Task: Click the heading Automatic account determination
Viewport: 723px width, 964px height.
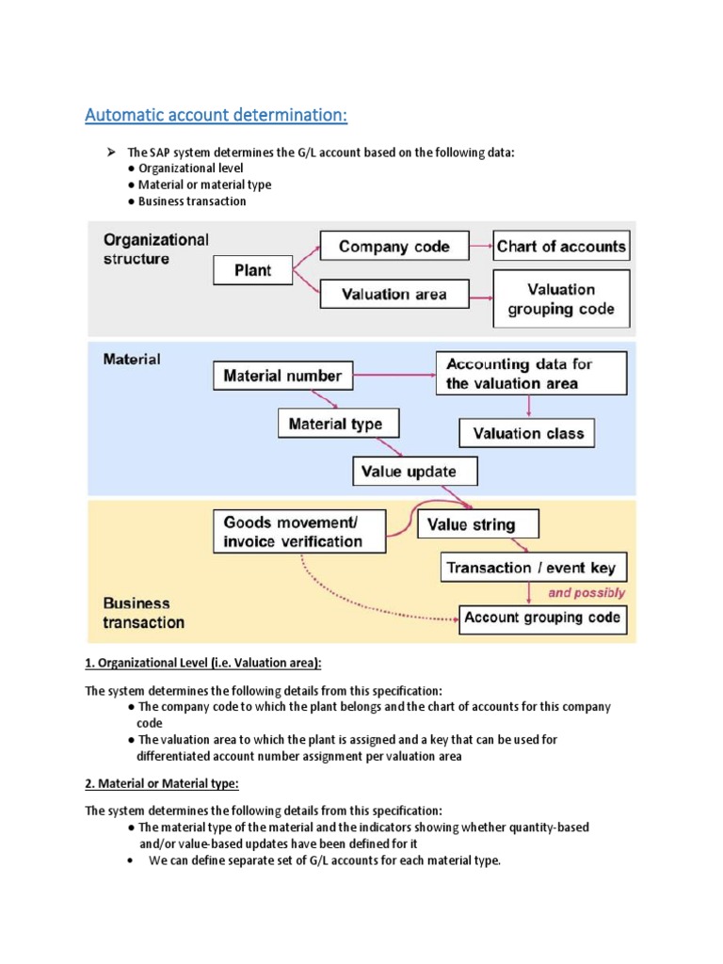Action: pos(216,115)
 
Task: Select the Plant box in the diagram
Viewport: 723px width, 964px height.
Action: pos(251,270)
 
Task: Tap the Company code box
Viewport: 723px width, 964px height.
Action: pos(394,247)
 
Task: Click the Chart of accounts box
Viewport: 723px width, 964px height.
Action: pos(561,247)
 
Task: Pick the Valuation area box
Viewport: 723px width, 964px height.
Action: pos(394,294)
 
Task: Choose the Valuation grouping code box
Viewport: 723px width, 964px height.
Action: pos(561,299)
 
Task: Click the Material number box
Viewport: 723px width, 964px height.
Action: pos(282,376)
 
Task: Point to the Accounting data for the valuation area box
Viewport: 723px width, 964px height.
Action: pos(531,374)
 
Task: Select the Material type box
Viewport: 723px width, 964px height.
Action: pos(335,424)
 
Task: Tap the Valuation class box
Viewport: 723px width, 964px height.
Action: pos(528,433)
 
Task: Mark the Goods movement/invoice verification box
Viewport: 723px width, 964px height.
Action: pos(300,532)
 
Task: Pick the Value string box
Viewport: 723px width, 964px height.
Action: pos(478,524)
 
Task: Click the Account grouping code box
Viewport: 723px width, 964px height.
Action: pos(542,618)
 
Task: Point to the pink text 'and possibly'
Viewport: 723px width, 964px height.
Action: pos(586,593)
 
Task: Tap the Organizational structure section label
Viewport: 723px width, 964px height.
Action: pos(155,249)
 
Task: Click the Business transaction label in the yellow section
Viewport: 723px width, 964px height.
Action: pos(143,613)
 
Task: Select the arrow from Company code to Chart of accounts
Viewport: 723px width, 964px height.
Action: pos(480,247)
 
